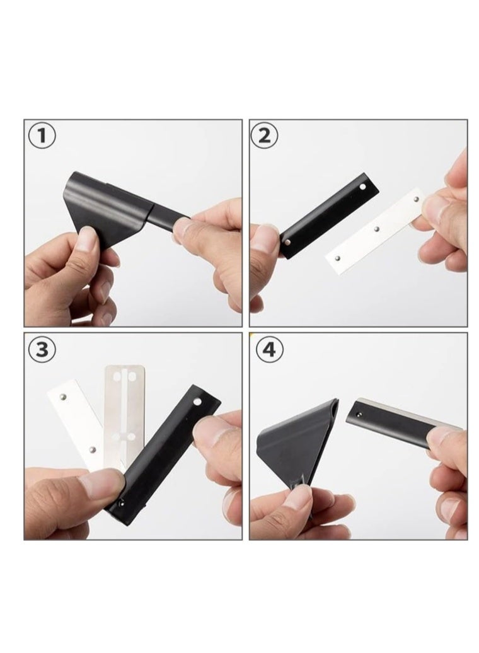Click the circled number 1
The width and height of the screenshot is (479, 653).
coord(41,136)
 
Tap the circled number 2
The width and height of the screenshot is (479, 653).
coord(265,136)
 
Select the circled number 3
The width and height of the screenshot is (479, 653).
coord(42,349)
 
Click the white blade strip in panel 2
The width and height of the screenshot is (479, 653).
coord(376,232)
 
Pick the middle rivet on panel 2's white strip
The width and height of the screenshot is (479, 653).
coord(376,229)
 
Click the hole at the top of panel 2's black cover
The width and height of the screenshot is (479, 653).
coord(363,187)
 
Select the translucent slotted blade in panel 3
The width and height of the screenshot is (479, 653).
coord(124,417)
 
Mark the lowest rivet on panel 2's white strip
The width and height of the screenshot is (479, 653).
coord(338,258)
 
